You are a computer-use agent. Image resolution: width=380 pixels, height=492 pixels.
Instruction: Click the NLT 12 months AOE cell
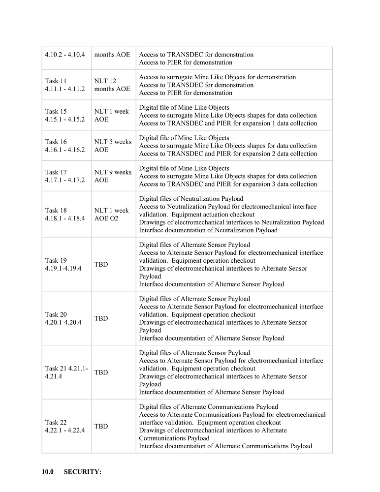(x=112, y=85)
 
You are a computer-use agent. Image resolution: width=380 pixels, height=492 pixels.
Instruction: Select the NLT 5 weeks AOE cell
(x=113, y=146)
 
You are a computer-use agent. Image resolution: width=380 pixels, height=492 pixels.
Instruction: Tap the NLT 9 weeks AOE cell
(x=113, y=176)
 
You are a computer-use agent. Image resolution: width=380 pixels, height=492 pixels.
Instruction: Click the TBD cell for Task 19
(x=101, y=265)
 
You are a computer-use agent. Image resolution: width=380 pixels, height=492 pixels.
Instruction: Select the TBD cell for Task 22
(x=101, y=427)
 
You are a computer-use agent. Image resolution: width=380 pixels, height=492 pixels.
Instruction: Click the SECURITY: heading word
(x=83, y=472)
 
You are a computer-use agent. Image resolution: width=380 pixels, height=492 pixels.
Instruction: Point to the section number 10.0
(x=47, y=472)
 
